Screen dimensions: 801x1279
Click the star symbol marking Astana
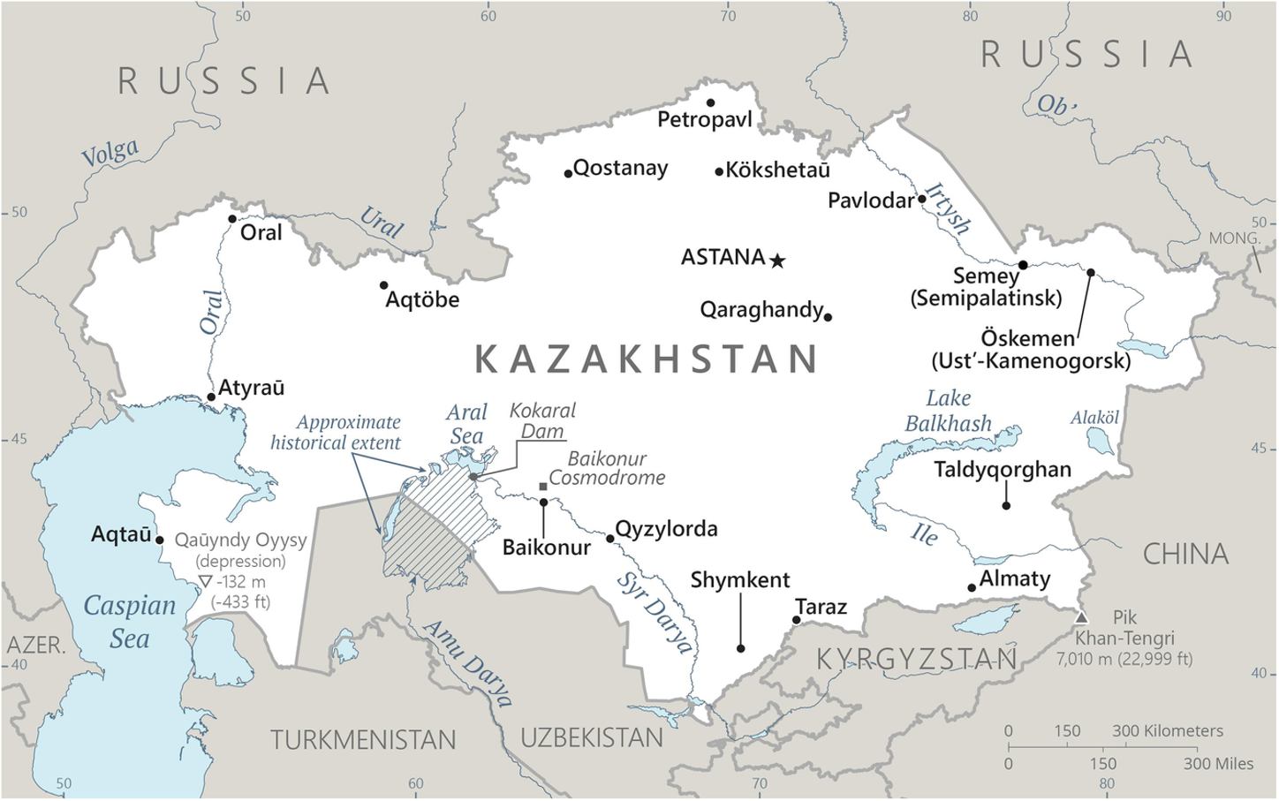pyautogui.click(x=777, y=261)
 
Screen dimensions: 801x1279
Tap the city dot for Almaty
pyautogui.click(x=972, y=587)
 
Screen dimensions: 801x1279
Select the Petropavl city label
pyautogui.click(x=704, y=119)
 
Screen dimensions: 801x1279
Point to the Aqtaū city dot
pyautogui.click(x=160, y=540)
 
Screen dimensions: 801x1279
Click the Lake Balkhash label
pyautogui.click(x=948, y=412)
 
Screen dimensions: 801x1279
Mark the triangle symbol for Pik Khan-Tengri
pyautogui.click(x=1081, y=617)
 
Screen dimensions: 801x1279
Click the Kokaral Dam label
pyautogui.click(x=542, y=420)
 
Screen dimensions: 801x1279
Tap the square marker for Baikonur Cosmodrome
pyautogui.click(x=542, y=487)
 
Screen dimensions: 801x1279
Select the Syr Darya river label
pyautogui.click(x=655, y=613)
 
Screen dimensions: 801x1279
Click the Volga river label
pyautogui.click(x=110, y=153)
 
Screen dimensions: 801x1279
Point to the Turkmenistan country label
pyautogui.click(x=363, y=740)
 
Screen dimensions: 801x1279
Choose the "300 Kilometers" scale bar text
pyautogui.click(x=1167, y=731)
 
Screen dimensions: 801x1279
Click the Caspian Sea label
pyautogui.click(x=129, y=622)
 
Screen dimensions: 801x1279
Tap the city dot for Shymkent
pyautogui.click(x=740, y=648)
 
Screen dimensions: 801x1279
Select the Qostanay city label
pyautogui.click(x=620, y=168)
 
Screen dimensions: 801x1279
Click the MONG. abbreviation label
pyautogui.click(x=1234, y=238)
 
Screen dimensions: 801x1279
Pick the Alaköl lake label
pyautogui.click(x=1094, y=418)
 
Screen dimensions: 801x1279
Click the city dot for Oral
pyautogui.click(x=232, y=219)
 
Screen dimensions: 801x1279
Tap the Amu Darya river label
pyautogui.click(x=468, y=663)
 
